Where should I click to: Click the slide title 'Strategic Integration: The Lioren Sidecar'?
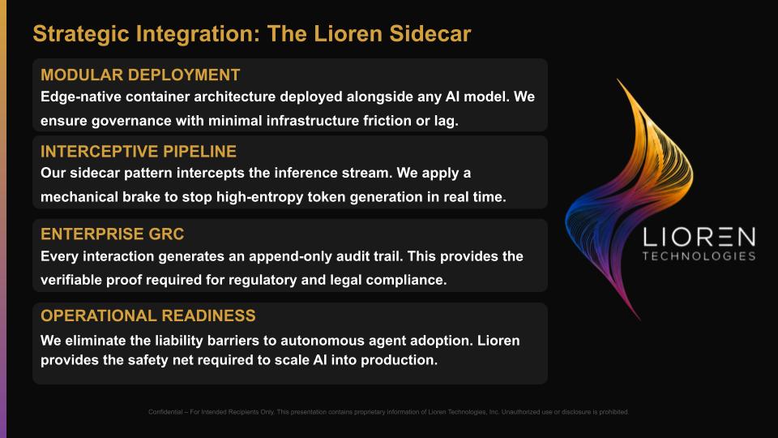(251, 34)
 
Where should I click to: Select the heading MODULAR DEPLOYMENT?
(140, 75)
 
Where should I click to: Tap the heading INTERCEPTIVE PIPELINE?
(139, 152)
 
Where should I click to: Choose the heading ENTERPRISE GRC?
(113, 234)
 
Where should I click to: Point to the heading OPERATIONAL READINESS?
(148, 316)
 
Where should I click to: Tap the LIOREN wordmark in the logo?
(699, 238)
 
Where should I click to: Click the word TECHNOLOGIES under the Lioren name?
(699, 256)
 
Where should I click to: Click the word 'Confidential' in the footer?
(166, 412)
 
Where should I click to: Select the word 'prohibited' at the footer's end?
(613, 412)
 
